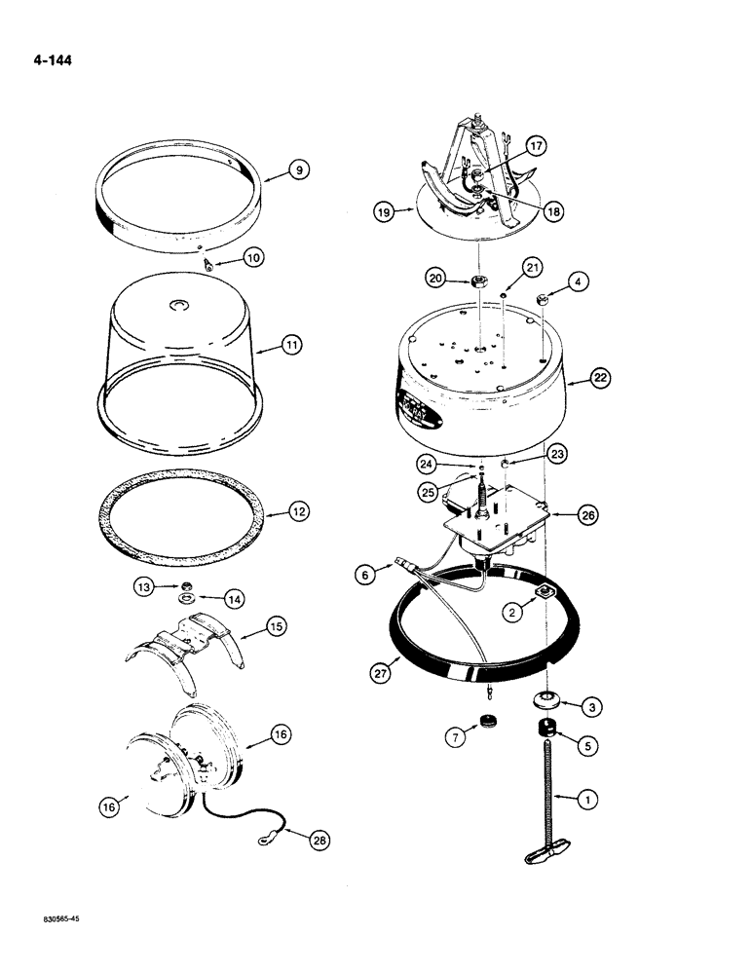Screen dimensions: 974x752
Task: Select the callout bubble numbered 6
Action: point(365,577)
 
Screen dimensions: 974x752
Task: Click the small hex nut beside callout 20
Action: point(478,281)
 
